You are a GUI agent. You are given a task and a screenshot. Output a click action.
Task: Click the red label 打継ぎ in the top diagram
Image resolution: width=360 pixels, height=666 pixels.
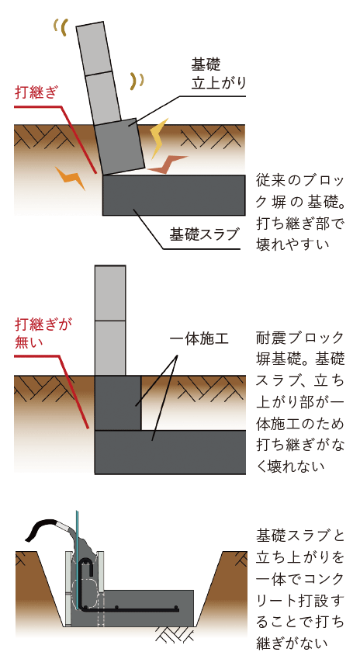[36, 92]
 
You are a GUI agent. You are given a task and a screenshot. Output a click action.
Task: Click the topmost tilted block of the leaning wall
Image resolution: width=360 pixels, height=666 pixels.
[94, 49]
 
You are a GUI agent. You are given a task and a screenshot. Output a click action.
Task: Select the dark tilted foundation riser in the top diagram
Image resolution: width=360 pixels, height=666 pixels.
[119, 147]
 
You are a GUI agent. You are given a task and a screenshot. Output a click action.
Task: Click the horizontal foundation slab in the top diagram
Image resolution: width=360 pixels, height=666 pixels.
[174, 195]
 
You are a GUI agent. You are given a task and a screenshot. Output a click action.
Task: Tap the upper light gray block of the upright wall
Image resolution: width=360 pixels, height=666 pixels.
[110, 293]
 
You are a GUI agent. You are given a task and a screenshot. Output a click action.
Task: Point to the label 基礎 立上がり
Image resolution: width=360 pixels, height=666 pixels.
[219, 74]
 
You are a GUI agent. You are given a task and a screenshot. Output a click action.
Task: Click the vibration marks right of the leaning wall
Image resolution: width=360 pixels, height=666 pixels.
[137, 80]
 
